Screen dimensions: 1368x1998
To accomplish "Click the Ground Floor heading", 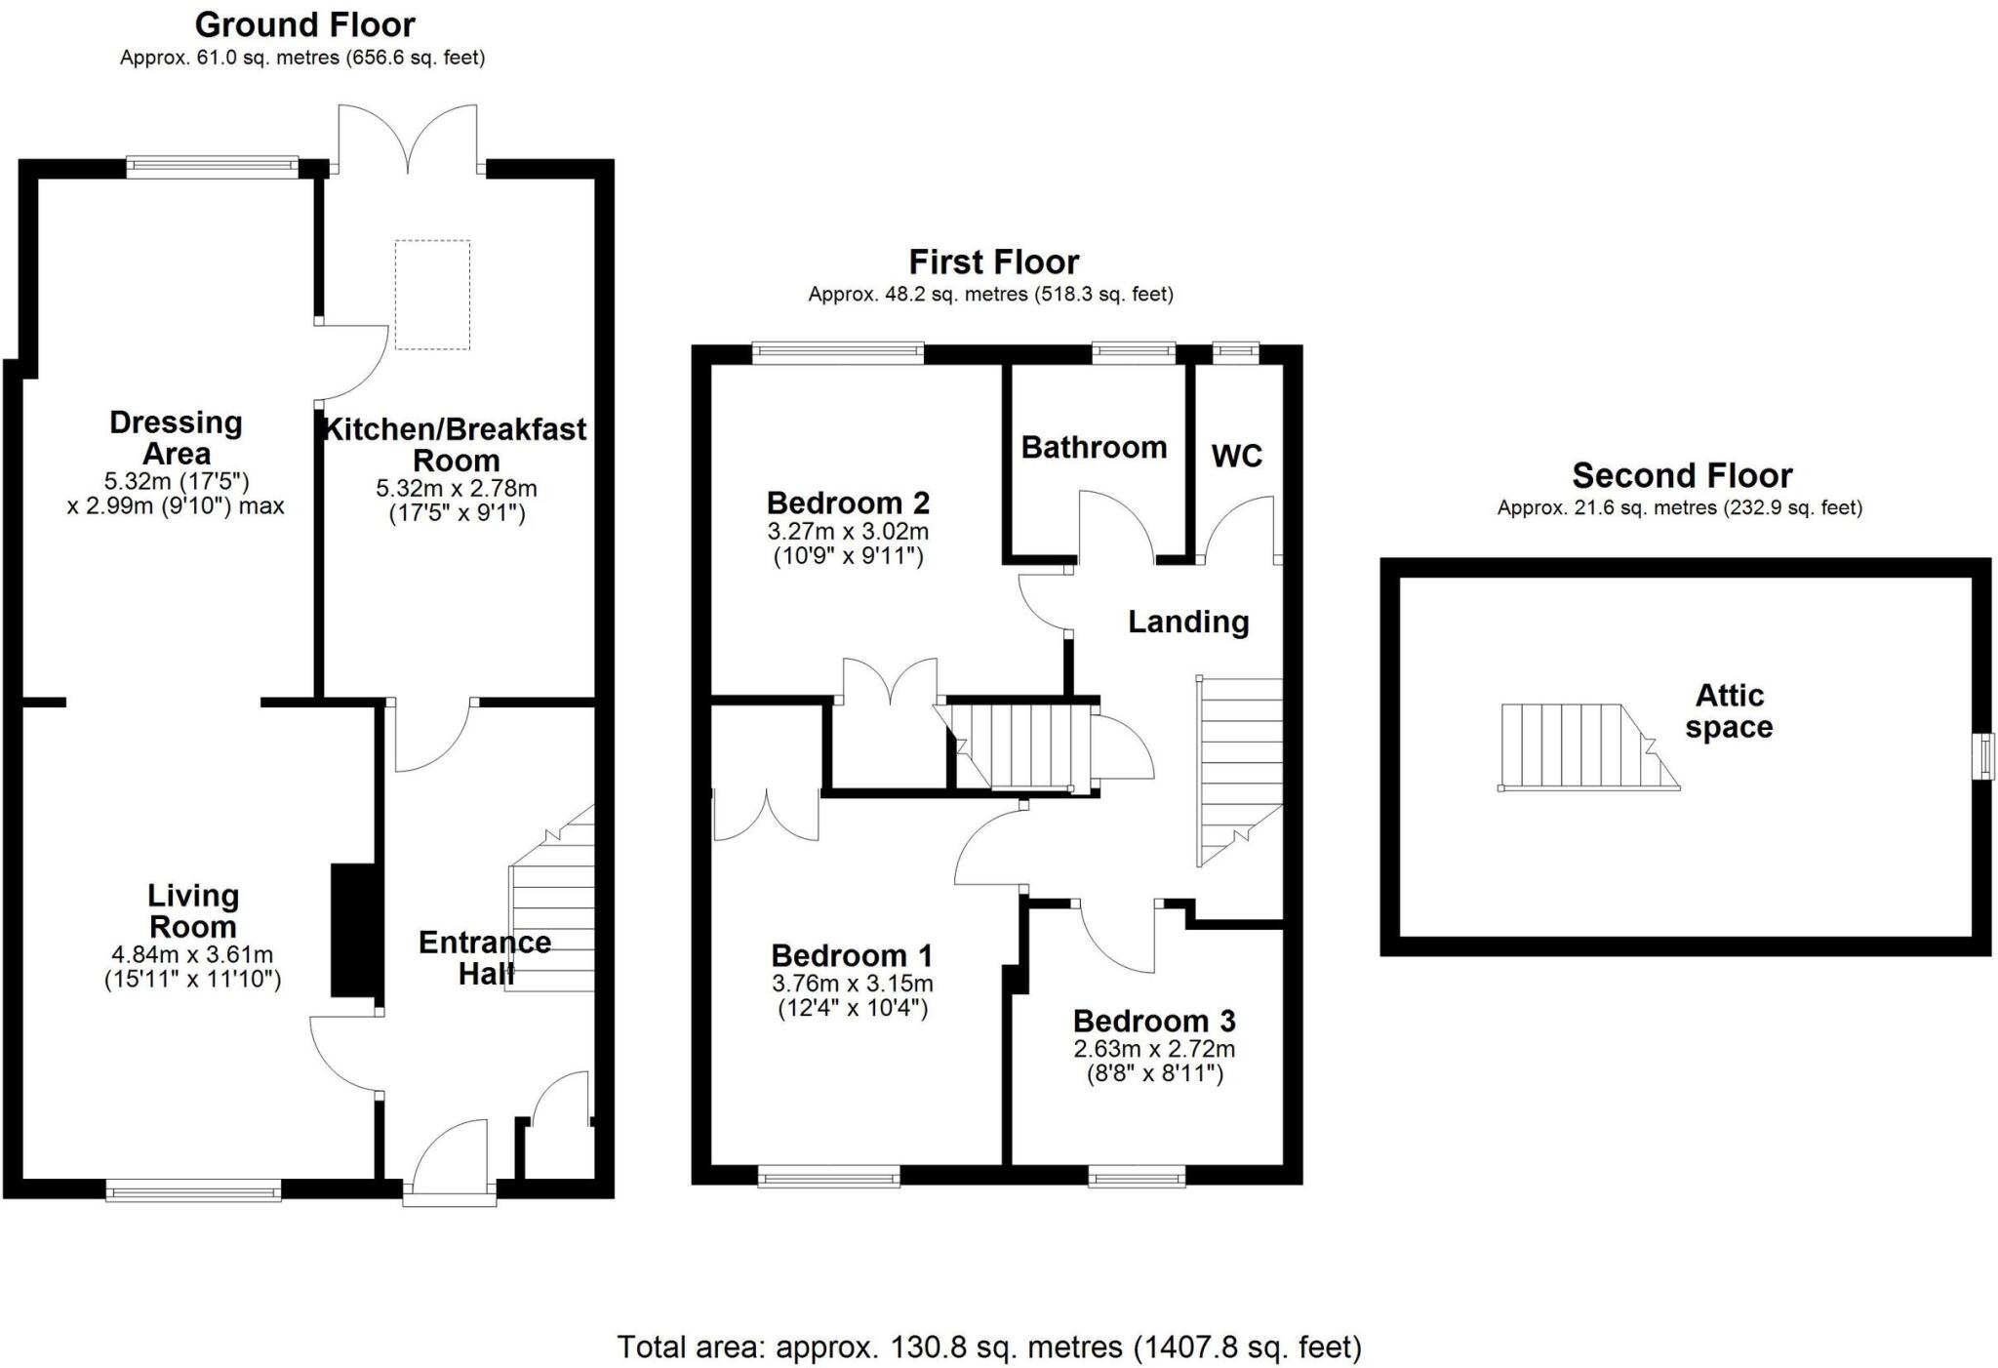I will (304, 24).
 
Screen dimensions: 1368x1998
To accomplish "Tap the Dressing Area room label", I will (176, 438).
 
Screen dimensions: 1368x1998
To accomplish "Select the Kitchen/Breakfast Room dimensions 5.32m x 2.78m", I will (457, 489).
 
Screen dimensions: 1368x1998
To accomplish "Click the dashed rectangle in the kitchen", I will (432, 295).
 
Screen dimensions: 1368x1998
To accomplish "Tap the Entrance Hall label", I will (485, 957).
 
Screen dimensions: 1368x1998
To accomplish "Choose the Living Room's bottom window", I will (193, 1189).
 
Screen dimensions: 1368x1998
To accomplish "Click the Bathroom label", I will (1094, 448).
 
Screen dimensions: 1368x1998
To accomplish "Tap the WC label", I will (1236, 456).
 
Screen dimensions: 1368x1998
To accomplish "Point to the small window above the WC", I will (1235, 353).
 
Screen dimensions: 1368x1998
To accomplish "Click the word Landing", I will (1188, 623).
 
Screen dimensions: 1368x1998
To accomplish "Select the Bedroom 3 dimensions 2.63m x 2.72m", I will (1154, 1050).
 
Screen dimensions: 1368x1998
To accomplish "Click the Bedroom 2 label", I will (848, 503).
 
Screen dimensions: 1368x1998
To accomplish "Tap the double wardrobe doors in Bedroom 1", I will (766, 815).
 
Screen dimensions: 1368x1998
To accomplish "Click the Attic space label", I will (1729, 711).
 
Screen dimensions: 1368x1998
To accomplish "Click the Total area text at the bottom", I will (989, 1348).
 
